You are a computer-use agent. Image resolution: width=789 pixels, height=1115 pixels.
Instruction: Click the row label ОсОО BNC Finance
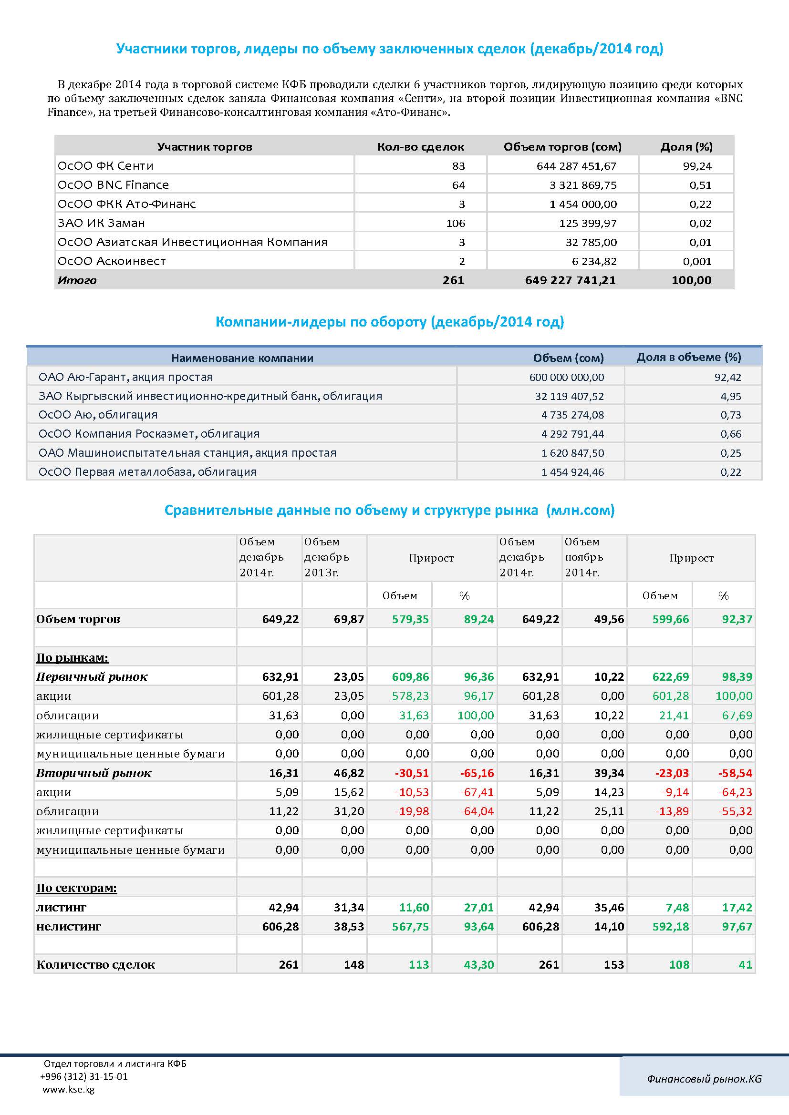click(x=113, y=185)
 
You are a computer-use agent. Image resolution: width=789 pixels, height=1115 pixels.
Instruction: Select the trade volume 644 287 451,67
click(x=576, y=166)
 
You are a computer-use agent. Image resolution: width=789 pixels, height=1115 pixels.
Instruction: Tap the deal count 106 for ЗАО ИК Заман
click(x=455, y=224)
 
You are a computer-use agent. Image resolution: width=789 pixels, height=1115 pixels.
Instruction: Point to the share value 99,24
click(x=697, y=166)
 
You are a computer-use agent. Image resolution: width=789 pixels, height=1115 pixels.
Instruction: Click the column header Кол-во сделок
click(x=421, y=147)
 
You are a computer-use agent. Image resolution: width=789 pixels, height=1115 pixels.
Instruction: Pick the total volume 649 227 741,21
click(x=571, y=280)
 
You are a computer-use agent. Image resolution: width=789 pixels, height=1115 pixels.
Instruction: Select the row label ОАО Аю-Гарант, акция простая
click(x=126, y=377)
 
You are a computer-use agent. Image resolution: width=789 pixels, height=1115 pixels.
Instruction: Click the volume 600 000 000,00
click(x=567, y=378)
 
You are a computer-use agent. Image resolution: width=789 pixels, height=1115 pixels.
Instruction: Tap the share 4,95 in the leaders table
click(x=731, y=396)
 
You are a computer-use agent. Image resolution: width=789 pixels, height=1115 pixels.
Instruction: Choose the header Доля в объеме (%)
click(x=689, y=358)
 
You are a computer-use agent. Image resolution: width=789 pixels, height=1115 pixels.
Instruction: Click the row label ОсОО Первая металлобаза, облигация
click(x=148, y=471)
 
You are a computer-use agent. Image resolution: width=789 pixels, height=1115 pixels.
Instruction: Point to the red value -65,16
click(x=477, y=773)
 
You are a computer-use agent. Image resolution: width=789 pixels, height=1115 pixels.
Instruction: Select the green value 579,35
click(x=411, y=619)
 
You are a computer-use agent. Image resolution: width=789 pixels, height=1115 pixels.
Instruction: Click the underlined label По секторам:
click(x=77, y=888)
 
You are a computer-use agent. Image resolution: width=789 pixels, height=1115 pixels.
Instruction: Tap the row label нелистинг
click(x=69, y=927)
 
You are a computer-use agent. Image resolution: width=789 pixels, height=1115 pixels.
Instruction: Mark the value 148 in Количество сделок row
click(x=354, y=965)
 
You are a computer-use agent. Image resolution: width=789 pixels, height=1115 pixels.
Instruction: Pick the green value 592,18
click(x=670, y=927)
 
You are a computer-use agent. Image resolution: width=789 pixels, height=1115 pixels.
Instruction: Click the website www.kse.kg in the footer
click(x=69, y=1089)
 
